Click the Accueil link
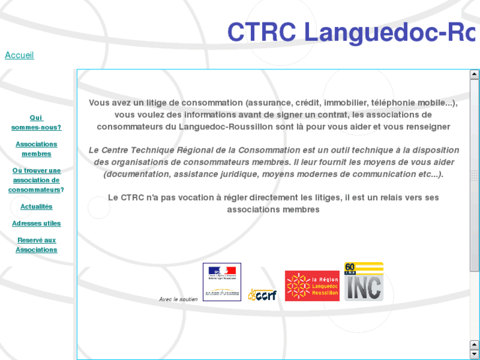pos(19,55)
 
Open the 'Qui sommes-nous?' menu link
pos(36,123)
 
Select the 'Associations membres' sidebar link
pos(36,149)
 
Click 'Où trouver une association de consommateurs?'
pos(36,180)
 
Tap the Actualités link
pos(36,207)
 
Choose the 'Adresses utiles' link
pos(36,223)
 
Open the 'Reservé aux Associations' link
pos(36,245)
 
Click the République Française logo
pos(222,282)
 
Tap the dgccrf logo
pos(262,295)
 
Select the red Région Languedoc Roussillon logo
pos(312,286)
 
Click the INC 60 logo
pos(364,282)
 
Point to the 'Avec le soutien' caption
pos(178,299)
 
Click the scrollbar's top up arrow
pos(474,75)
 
